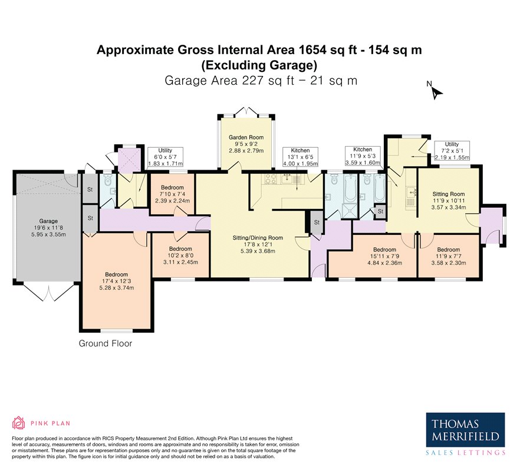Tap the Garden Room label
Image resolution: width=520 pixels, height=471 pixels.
(x=246, y=143)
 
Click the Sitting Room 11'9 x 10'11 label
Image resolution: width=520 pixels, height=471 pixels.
(x=448, y=200)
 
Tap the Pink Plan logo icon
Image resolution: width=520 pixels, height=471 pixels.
(x=18, y=422)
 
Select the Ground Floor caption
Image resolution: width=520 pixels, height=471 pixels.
(x=106, y=343)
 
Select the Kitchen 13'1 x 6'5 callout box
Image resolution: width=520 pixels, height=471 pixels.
(x=300, y=157)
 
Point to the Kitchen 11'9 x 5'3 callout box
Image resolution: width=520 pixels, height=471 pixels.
(x=363, y=155)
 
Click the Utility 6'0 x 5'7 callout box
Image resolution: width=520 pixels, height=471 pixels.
(x=165, y=157)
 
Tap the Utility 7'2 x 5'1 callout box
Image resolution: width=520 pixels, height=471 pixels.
(x=451, y=151)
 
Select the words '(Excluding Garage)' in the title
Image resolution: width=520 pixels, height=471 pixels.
(x=259, y=65)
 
